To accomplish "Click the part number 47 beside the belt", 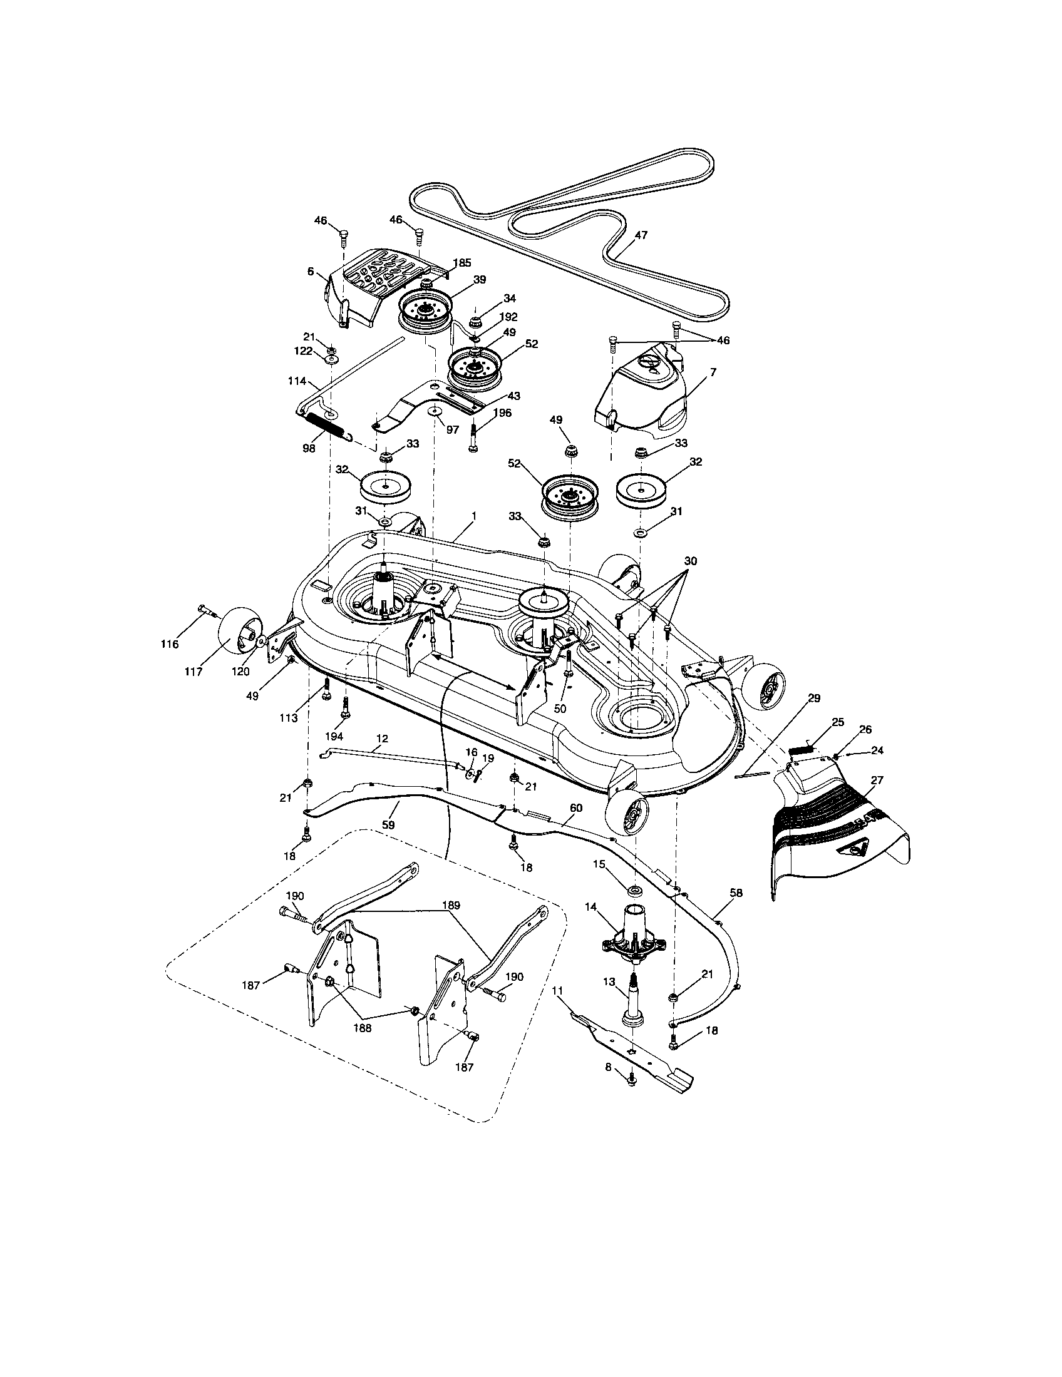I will point(641,235).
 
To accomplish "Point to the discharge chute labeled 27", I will point(838,832).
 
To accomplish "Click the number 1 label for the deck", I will point(473,516).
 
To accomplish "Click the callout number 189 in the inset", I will point(451,905).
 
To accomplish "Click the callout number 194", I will point(334,737).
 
